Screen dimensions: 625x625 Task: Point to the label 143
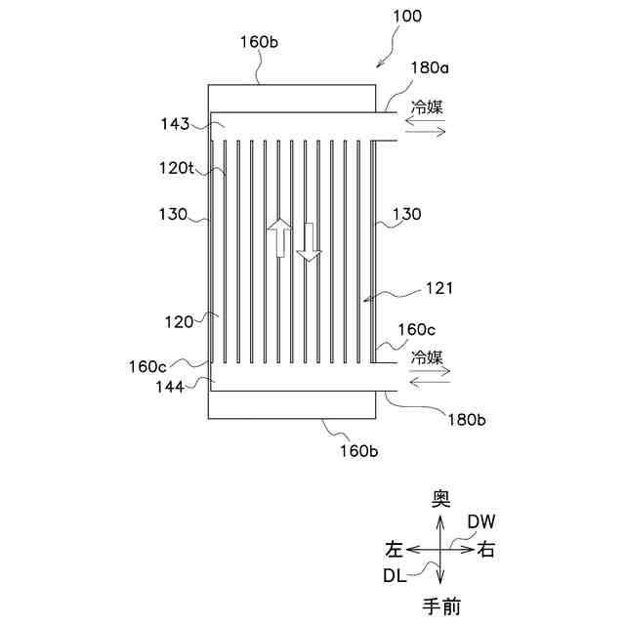click(176, 124)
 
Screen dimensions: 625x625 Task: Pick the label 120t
click(176, 168)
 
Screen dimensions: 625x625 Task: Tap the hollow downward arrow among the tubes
click(310, 242)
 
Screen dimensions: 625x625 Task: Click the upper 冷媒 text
click(426, 108)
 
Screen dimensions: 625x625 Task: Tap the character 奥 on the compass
click(441, 499)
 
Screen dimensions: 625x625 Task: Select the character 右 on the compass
click(485, 550)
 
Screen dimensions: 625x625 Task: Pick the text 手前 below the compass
click(441, 606)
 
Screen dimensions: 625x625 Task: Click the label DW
click(480, 521)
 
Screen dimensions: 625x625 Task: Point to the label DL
click(395, 576)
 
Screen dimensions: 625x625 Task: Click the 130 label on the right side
click(407, 213)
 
